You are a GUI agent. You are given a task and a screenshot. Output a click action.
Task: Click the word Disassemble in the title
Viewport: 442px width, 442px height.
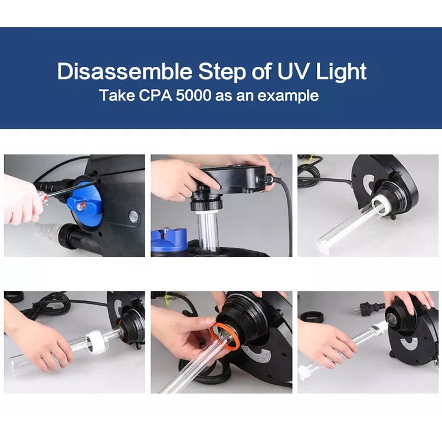coord(125,71)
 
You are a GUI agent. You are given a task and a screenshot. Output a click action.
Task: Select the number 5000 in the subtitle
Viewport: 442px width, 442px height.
coord(193,96)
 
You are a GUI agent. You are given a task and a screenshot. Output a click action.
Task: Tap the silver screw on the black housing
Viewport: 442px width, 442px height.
coord(133,216)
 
